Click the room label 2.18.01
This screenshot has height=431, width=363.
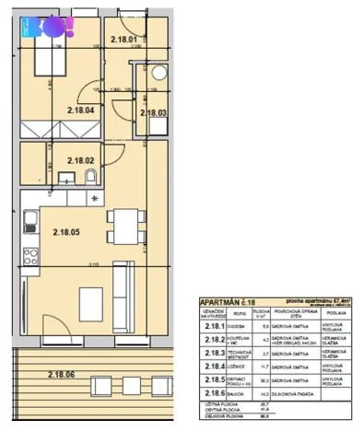coord(123,40)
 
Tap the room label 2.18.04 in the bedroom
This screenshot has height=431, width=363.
coord(81,111)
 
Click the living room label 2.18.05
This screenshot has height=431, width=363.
coord(68,232)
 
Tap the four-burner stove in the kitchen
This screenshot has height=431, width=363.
coord(29,250)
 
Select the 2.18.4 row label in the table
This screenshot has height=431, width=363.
coord(215,367)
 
